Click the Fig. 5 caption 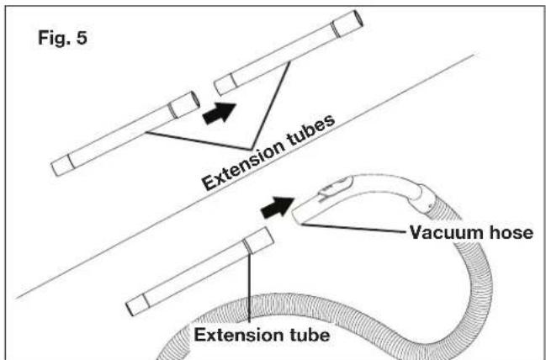pyautogui.click(x=63, y=38)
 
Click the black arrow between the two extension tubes pyautogui.click(x=220, y=113)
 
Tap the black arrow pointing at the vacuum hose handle pyautogui.click(x=278, y=207)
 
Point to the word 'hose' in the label pyautogui.click(x=512, y=232)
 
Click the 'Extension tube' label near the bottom pyautogui.click(x=262, y=335)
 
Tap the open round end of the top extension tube pyautogui.click(x=358, y=19)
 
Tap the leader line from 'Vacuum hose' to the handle pyautogui.click(x=353, y=229)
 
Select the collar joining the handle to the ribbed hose pyautogui.click(x=425, y=199)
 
